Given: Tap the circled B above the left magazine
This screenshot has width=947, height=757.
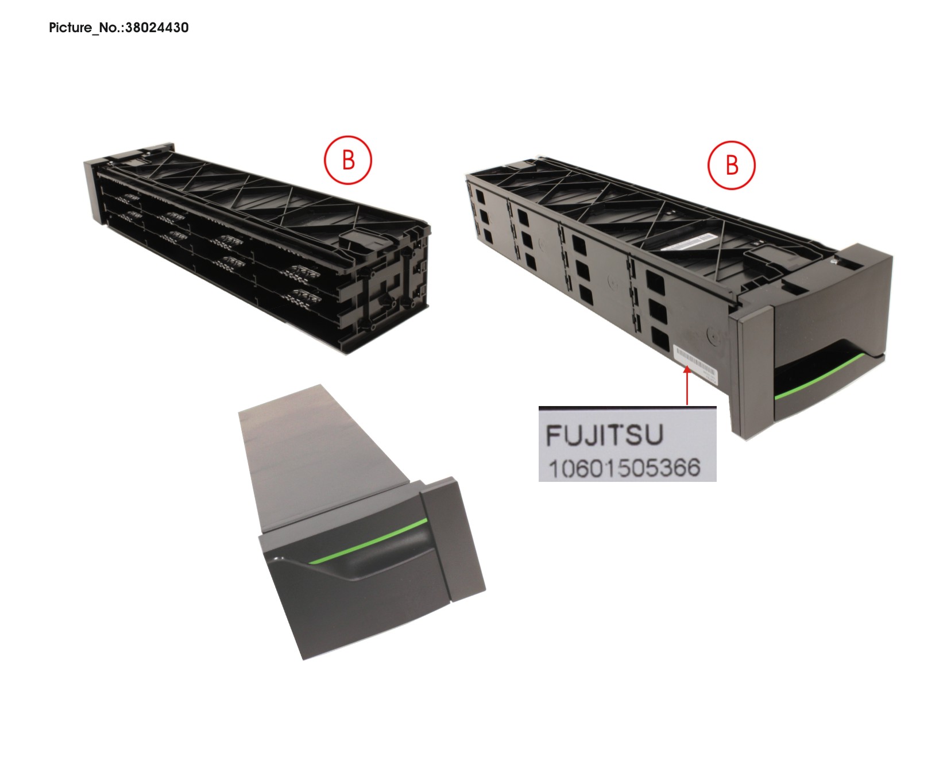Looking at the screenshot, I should pos(348,160).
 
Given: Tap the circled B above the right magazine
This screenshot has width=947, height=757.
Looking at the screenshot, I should pos(732,165).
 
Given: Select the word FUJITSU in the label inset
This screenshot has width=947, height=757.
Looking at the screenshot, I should pos(604,435).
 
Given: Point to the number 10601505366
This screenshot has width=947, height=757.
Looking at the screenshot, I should pos(624,468).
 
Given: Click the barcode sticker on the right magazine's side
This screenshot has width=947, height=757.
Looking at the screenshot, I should pos(695,363).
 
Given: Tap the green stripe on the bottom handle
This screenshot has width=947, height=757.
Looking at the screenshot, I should pos(368,540).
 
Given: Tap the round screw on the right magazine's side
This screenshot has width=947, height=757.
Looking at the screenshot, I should pos(712,335).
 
